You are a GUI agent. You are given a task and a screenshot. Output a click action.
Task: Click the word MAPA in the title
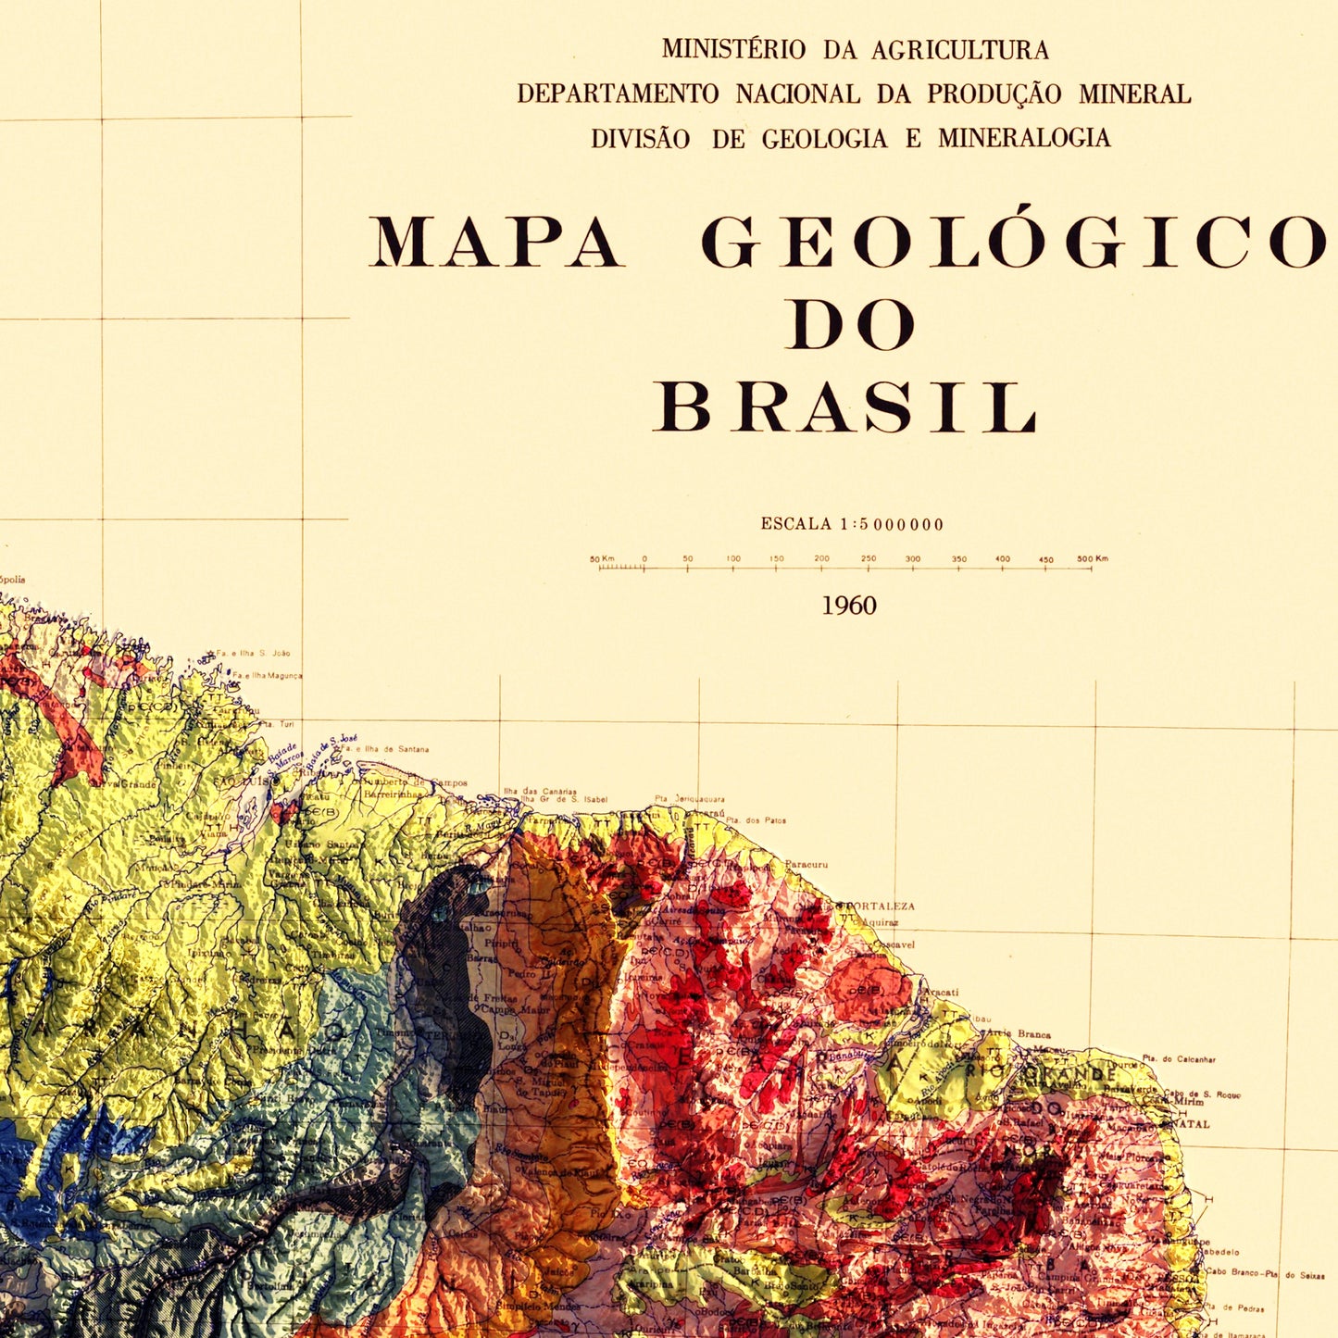(x=496, y=243)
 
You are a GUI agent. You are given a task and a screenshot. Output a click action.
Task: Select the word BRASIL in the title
(x=846, y=408)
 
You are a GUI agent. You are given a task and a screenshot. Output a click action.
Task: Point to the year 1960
(x=849, y=606)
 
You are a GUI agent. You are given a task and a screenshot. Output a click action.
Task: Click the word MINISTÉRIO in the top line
(x=733, y=49)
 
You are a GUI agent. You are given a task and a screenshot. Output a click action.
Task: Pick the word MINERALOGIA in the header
(x=1024, y=138)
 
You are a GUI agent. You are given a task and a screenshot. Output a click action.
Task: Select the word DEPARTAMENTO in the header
(x=618, y=94)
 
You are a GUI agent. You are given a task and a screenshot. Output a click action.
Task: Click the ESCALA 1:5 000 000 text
(x=852, y=524)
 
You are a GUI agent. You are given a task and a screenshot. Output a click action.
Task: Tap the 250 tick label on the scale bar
(x=868, y=559)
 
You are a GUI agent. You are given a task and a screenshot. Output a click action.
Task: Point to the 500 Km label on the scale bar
(x=1093, y=559)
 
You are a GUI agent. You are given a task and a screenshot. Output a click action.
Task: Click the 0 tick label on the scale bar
(x=644, y=559)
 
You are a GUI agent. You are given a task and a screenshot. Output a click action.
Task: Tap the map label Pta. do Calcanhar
(x=1179, y=1058)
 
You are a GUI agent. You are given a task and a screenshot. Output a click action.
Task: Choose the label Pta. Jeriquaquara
(x=690, y=798)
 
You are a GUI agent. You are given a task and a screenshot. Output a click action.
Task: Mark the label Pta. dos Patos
(x=756, y=820)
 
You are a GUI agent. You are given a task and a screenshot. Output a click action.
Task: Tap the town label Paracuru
(x=806, y=865)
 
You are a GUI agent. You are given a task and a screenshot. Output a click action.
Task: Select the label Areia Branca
(x=1019, y=1033)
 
